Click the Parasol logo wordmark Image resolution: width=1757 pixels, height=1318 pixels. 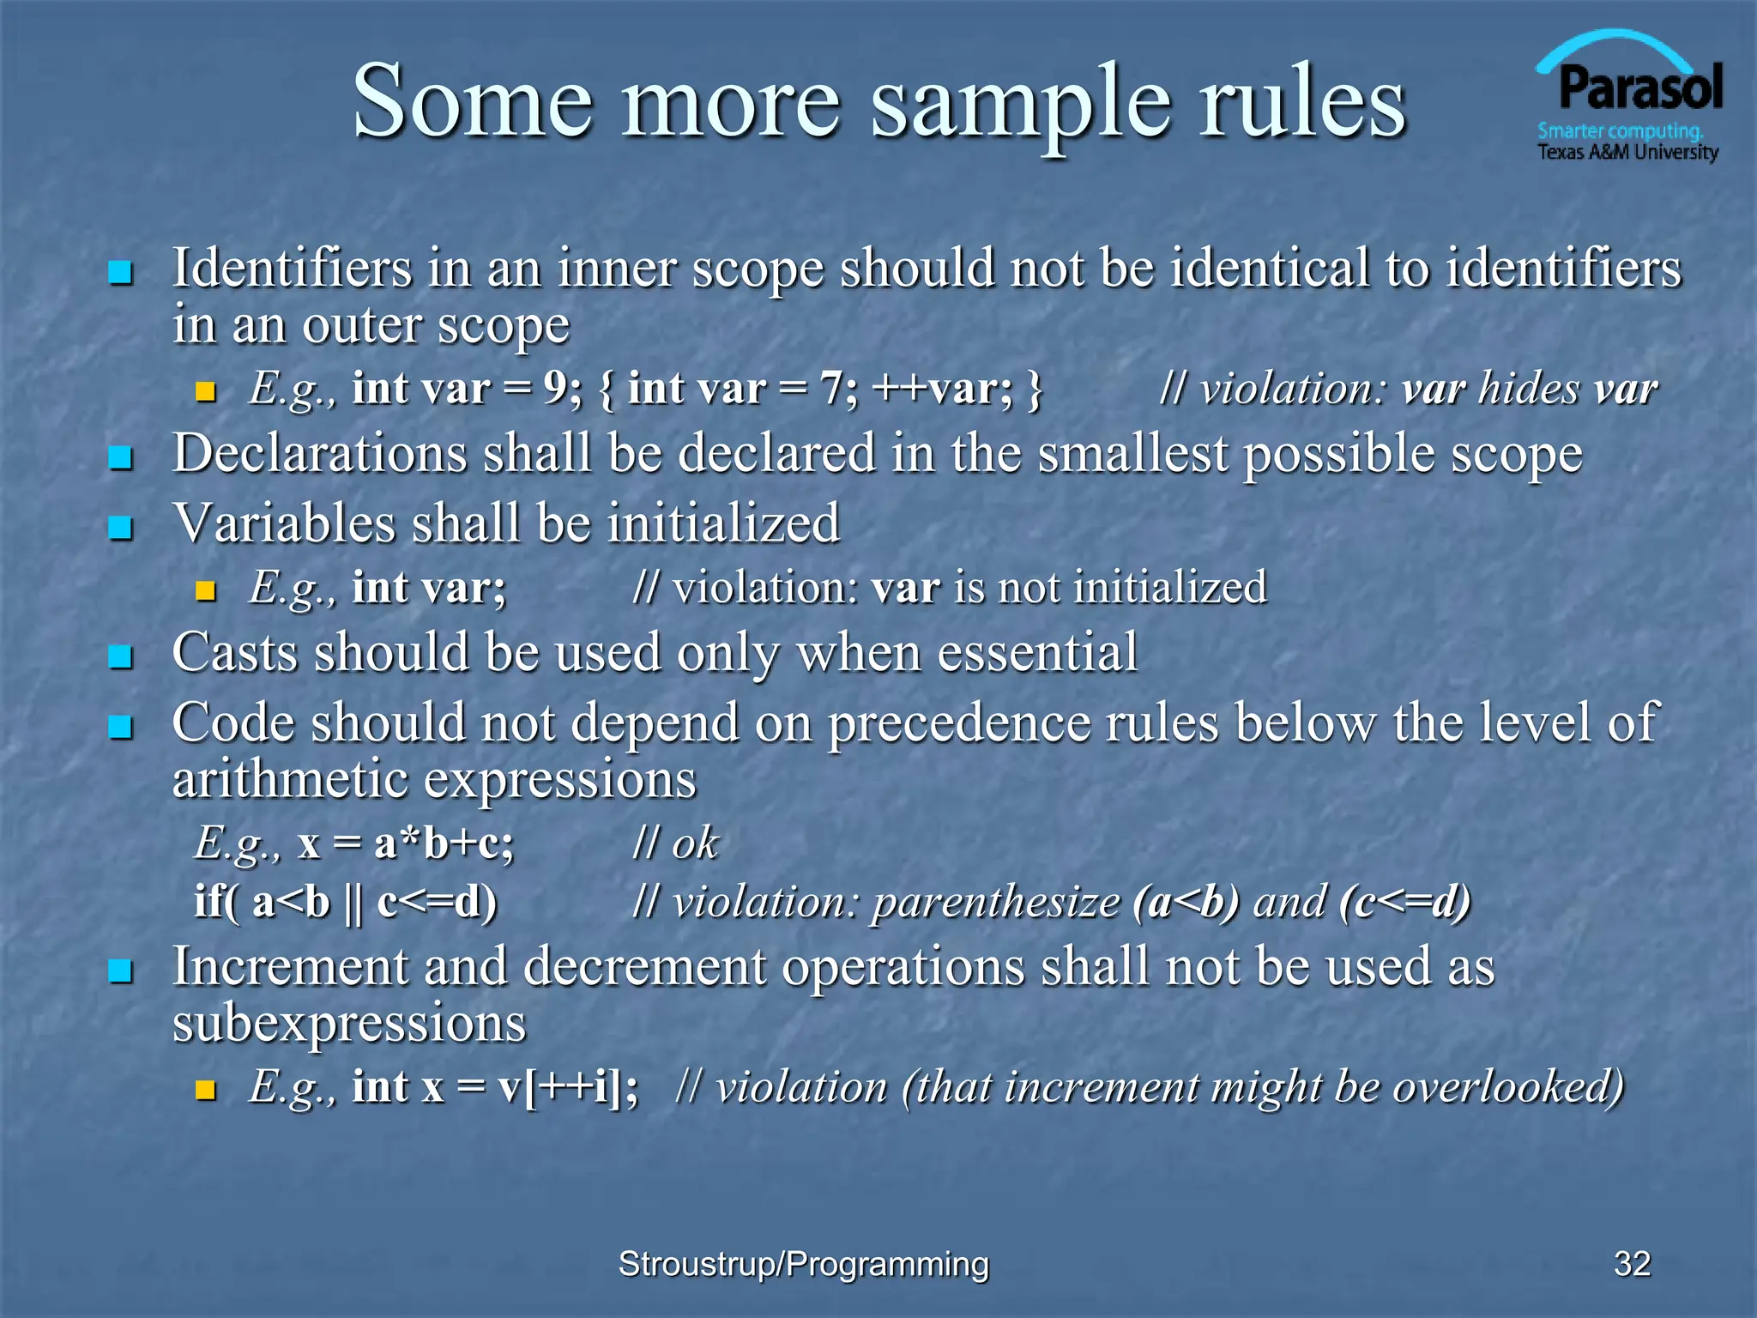pos(1639,88)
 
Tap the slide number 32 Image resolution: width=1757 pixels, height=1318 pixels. pos(1632,1263)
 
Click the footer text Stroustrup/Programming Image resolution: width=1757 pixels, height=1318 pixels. pos(803,1264)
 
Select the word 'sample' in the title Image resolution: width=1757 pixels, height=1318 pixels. pos(1020,103)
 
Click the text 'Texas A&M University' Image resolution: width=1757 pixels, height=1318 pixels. pos(1627,153)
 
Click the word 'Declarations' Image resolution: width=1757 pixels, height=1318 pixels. pos(319,453)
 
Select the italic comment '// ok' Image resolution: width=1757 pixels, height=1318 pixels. pos(675,843)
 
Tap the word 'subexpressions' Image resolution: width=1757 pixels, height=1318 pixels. pos(349,1023)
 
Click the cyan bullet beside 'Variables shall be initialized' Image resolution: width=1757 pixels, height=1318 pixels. pos(121,527)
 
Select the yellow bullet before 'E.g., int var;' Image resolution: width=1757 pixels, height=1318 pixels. pos(205,590)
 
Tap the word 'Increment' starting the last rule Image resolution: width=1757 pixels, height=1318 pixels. pos(289,967)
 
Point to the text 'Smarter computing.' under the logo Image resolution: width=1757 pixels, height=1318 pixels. pos(1620,131)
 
